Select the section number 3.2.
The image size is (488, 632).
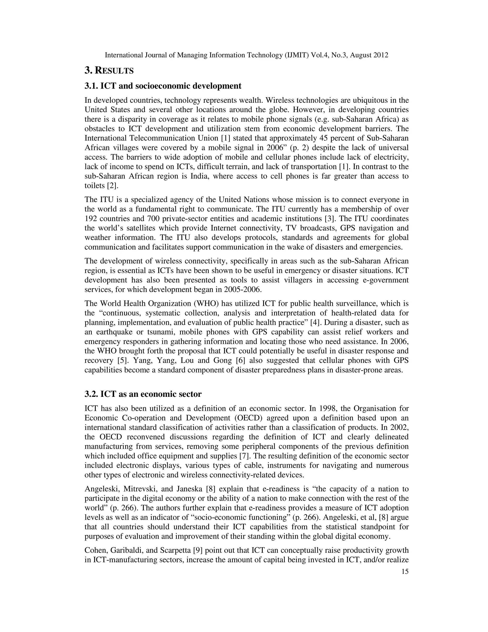pyautogui.click(x=91, y=394)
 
